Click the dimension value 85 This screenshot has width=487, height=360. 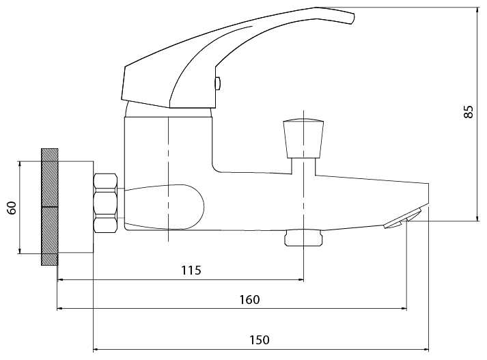(469, 112)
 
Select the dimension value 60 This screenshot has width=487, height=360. (12, 208)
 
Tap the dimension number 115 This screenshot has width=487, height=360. (191, 271)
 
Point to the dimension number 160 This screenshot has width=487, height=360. (249, 300)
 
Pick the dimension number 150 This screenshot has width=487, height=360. (260, 340)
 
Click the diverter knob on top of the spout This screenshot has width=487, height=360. (303, 139)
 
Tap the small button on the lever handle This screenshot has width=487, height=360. (218, 83)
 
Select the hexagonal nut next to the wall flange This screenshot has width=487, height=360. (105, 203)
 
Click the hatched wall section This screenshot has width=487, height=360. (49, 207)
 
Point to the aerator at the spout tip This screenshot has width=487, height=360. (403, 219)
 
